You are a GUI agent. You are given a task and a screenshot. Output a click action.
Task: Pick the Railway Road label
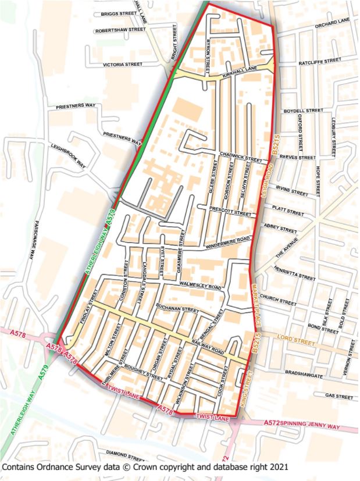coord(208,347)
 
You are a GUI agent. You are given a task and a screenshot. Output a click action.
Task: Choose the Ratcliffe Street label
coord(320,60)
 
